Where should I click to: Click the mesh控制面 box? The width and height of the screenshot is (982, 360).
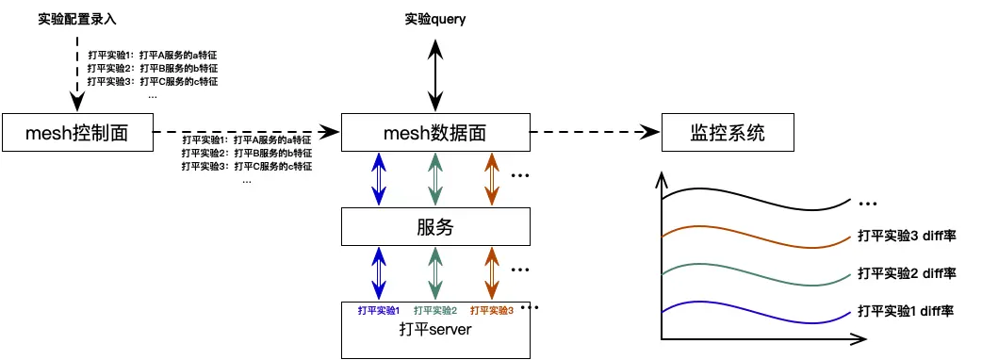click(77, 133)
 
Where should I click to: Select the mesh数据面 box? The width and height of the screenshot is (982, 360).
click(434, 133)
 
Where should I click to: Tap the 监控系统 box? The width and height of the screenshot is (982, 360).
click(728, 133)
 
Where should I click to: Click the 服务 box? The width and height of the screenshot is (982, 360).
click(434, 226)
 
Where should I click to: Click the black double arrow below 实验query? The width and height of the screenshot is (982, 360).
click(434, 72)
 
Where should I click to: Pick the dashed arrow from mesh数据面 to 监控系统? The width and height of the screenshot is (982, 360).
click(594, 133)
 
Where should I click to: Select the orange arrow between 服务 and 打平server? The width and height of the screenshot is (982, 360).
click(490, 273)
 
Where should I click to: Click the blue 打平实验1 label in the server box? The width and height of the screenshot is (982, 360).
click(379, 309)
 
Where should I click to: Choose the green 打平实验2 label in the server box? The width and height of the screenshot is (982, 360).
click(434, 309)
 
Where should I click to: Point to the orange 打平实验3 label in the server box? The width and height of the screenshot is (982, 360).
click(491, 309)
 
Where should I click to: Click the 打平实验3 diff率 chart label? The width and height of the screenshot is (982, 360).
click(908, 236)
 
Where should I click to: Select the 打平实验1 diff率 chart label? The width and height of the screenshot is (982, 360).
click(908, 309)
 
